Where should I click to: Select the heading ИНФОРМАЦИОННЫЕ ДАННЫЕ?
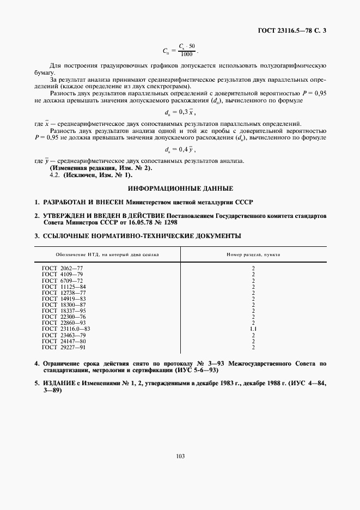coord(180,189)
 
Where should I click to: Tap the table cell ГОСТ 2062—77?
coord(63,268)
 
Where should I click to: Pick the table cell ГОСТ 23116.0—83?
coord(66,329)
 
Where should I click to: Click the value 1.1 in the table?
coord(253,329)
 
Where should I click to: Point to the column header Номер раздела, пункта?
coord(253,254)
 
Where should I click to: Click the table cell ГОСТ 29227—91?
coord(64,347)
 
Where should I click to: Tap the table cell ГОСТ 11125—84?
coord(64,287)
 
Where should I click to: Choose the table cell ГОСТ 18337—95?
coord(64,311)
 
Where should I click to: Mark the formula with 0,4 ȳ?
coord(180,149)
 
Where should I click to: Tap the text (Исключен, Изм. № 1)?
coord(97,175)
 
